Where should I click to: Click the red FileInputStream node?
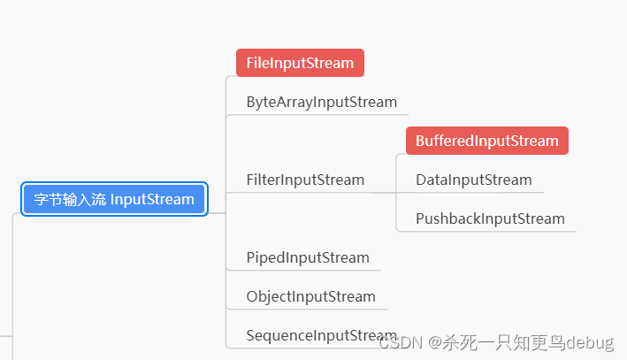pos(300,63)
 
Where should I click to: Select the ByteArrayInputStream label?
pos(321,102)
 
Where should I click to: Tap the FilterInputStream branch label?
pos(305,180)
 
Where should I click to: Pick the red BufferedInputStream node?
pos(486,141)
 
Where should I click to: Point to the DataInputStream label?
pos(473,180)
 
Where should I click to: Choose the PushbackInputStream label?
pos(489,218)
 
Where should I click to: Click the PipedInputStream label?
pos(307,257)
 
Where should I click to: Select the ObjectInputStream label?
pos(310,296)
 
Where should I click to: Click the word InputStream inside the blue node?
pos(152,199)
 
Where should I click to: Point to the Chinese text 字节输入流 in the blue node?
pos(70,199)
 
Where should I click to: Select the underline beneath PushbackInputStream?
pos(489,231)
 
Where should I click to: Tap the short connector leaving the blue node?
pos(217,212)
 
